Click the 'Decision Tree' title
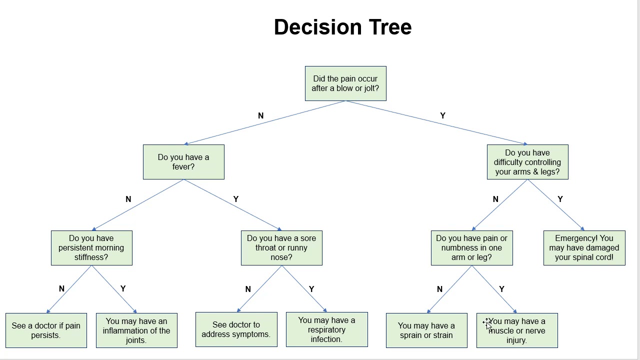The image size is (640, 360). pos(342,27)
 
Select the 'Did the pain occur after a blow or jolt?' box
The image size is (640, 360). pos(345,83)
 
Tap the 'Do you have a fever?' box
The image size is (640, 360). pos(183,162)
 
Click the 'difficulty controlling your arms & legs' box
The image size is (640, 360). pos(527,162)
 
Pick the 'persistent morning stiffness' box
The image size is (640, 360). pos(91,248)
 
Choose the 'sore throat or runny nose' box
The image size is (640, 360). pos(281,248)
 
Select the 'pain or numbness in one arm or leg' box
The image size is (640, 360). pos(471,248)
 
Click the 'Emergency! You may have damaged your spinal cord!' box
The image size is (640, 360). pos(584,248)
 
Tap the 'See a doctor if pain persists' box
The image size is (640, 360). pos(46,330)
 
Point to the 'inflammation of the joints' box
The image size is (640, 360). pos(136,330)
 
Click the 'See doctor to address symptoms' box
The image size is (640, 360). pos(236,329)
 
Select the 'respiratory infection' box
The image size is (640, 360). pos(326,329)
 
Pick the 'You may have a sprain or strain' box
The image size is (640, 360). pos(426,330)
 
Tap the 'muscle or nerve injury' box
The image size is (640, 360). pos(517,330)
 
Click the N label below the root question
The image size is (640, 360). pos(260,115)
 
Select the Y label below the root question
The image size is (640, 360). pos(442,115)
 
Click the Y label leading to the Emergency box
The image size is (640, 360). pos(560,199)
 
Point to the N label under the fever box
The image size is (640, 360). pos(128,199)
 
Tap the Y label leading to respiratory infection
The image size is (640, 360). pos(311,289)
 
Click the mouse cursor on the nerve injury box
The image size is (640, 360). pos(487,323)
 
